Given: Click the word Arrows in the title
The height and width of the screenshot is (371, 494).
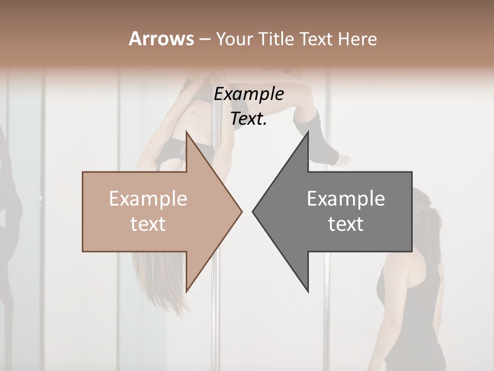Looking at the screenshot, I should point(162,39).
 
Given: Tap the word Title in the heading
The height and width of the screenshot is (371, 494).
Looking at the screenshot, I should point(274,39).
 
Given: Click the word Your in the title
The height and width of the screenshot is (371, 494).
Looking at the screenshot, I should point(234,39).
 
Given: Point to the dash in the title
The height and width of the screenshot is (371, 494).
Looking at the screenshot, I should point(204,39).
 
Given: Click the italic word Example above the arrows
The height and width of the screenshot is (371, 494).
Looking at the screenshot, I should point(249,94).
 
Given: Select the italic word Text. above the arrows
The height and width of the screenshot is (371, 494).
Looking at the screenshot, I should point(249,118).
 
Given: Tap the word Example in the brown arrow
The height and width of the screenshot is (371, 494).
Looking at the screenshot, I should point(148,198).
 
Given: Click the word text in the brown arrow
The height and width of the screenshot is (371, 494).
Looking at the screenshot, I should point(148,224).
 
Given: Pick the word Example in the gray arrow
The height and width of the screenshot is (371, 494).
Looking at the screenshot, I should point(346,198).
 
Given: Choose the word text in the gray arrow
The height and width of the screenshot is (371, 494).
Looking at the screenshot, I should point(346,224).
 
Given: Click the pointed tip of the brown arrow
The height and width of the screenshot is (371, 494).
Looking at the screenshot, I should point(242,211).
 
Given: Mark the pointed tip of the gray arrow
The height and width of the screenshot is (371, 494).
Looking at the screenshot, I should point(253,211).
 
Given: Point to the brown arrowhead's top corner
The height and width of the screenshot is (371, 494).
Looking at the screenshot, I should point(186,132).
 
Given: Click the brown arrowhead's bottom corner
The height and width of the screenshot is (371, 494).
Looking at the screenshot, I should point(186,292).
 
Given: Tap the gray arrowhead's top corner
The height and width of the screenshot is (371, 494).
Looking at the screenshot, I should point(308,132).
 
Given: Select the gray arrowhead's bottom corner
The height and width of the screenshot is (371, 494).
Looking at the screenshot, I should point(308,292).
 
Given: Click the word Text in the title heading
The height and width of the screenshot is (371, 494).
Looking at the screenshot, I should point(316,39).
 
